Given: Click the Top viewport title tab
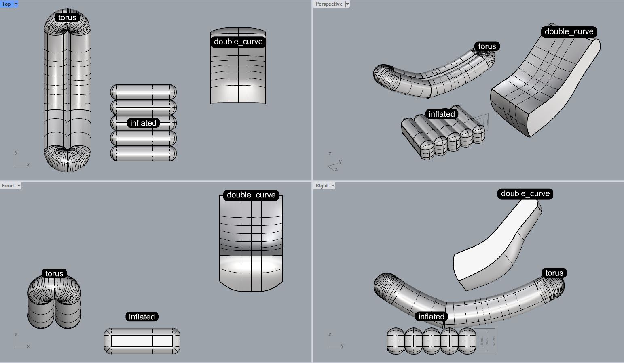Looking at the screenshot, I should (x=6, y=4).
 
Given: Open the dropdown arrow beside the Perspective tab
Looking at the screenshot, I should (x=347, y=4).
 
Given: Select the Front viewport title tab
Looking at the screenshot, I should (x=8, y=186).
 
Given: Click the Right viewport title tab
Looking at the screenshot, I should (x=322, y=186).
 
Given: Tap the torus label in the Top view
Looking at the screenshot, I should (x=67, y=17).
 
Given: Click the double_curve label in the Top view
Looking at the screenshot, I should (x=238, y=42).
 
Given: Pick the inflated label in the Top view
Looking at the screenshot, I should (x=143, y=123).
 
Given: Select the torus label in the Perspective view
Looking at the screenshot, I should (x=487, y=46).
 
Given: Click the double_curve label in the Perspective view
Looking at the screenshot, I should (x=569, y=31).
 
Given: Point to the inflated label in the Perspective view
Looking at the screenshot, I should (x=442, y=114).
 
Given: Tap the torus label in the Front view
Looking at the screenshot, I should (x=54, y=273).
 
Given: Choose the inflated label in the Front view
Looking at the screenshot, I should (x=142, y=317).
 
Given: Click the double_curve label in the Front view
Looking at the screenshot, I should (x=251, y=195).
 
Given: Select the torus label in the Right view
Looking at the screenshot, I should (x=554, y=273).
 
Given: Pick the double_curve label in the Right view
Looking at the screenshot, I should (x=525, y=194).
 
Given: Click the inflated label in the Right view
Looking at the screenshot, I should (x=431, y=317).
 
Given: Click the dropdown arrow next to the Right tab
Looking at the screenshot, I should (x=333, y=186).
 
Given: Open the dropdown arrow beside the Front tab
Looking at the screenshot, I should (x=19, y=186).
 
